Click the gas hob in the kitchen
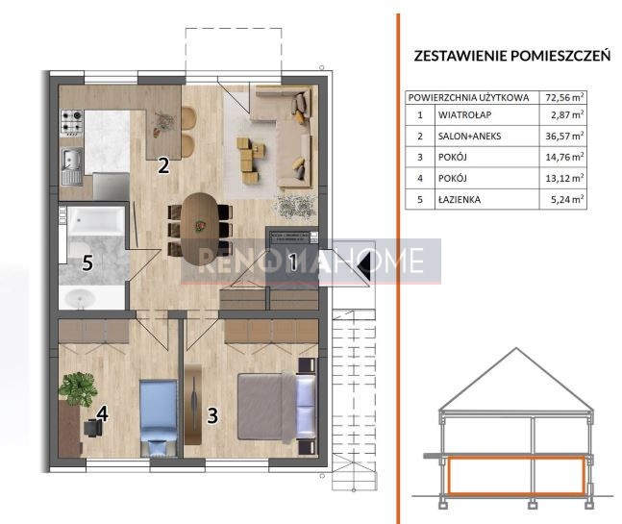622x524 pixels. [x=71, y=122]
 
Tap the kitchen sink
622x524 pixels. [x=72, y=167]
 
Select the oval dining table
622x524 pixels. [x=200, y=229]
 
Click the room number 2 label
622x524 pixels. [x=163, y=165]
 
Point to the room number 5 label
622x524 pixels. [x=87, y=262]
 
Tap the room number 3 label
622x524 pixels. [x=212, y=415]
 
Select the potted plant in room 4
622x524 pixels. [x=78, y=388]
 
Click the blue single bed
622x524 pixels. [x=159, y=417]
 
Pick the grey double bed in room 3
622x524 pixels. [x=277, y=407]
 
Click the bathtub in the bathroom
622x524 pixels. [x=95, y=220]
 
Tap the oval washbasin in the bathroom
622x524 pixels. [x=80, y=297]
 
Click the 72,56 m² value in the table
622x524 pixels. [x=564, y=97]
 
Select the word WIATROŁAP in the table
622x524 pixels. [x=464, y=115]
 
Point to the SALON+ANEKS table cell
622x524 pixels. [x=470, y=137]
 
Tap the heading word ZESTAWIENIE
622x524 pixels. [x=460, y=56]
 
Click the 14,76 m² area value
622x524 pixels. [x=564, y=157]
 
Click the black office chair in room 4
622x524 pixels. [x=93, y=428]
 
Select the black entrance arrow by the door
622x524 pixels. [x=364, y=261]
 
